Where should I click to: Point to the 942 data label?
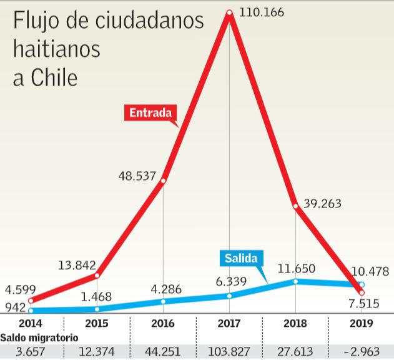tap(14, 307)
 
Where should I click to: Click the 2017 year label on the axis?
tap(229, 323)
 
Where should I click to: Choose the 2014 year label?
tap(31, 323)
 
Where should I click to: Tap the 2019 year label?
tap(361, 323)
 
